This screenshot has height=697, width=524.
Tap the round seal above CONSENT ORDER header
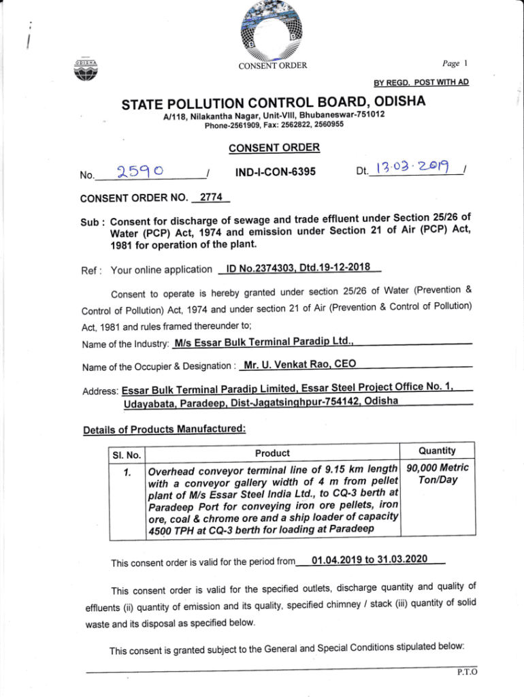click(272, 31)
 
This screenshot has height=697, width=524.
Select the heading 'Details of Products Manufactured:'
click(163, 429)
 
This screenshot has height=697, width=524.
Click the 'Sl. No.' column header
click(127, 454)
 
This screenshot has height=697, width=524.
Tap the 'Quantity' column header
click(437, 451)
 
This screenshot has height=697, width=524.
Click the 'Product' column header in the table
click(272, 453)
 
